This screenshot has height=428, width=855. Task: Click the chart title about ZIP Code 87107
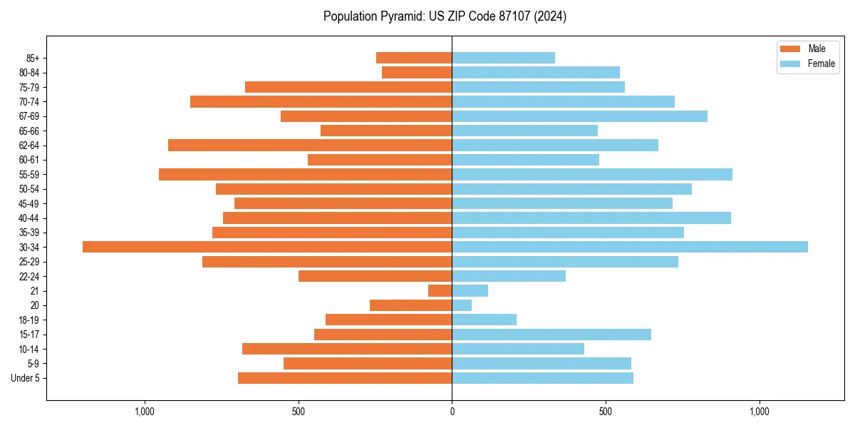pyautogui.click(x=445, y=16)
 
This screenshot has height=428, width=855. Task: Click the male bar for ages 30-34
pyautogui.click(x=267, y=247)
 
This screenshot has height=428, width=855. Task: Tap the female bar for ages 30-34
pyautogui.click(x=630, y=247)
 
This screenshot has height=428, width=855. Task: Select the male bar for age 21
pyautogui.click(x=440, y=290)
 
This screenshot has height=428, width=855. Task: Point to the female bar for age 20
pyautogui.click(x=462, y=305)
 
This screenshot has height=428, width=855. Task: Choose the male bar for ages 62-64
pyautogui.click(x=310, y=145)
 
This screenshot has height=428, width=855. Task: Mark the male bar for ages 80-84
pyautogui.click(x=417, y=72)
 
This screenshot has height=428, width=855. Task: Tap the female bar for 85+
pyautogui.click(x=503, y=58)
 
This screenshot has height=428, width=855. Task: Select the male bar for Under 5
pyautogui.click(x=345, y=378)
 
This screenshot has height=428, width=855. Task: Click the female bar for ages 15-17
pyautogui.click(x=551, y=335)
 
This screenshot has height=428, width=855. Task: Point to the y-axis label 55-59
pyautogui.click(x=29, y=174)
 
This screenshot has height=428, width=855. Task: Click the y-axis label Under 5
pyautogui.click(x=25, y=378)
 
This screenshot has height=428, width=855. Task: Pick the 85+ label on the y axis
pyautogui.click(x=33, y=58)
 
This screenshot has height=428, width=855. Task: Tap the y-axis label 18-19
pyautogui.click(x=29, y=320)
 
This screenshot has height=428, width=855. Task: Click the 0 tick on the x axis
pyautogui.click(x=452, y=412)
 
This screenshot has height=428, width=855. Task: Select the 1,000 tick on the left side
pyautogui.click(x=145, y=412)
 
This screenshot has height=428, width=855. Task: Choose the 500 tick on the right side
pyautogui.click(x=606, y=412)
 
